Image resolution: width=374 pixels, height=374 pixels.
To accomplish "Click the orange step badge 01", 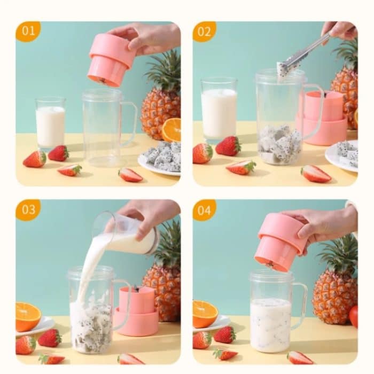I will point(28,32).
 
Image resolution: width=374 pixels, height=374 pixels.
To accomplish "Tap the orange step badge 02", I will point(205,32).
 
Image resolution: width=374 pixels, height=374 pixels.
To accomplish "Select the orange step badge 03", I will point(28,210).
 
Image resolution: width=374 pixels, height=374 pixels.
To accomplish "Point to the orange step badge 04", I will point(205,210).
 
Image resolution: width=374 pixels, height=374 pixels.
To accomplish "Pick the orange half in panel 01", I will point(172,130).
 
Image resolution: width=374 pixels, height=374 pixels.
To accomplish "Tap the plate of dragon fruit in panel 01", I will point(160,158).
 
